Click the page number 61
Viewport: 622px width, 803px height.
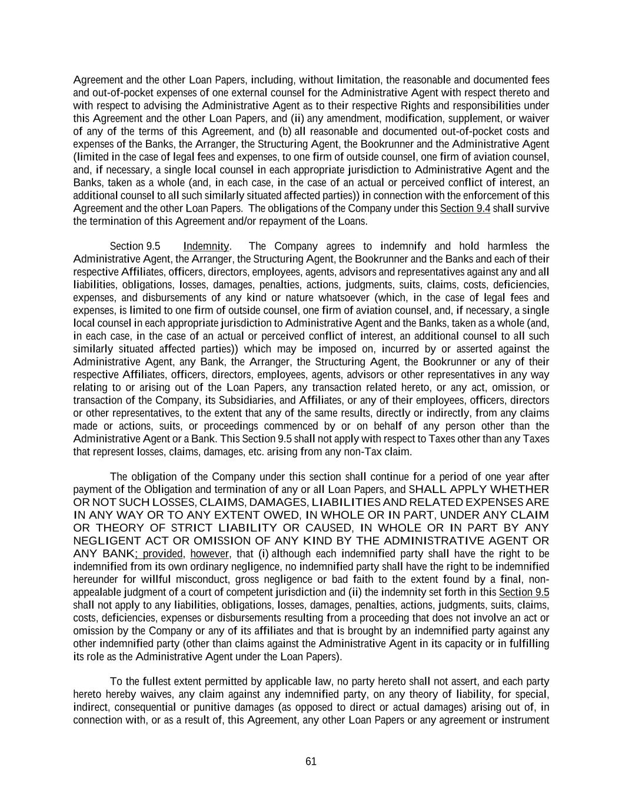pyautogui.click(x=311, y=761)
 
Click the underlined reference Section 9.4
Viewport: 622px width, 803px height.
pyautogui.click(x=465, y=208)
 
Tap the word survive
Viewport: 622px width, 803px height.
pyautogui.click(x=533, y=208)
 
